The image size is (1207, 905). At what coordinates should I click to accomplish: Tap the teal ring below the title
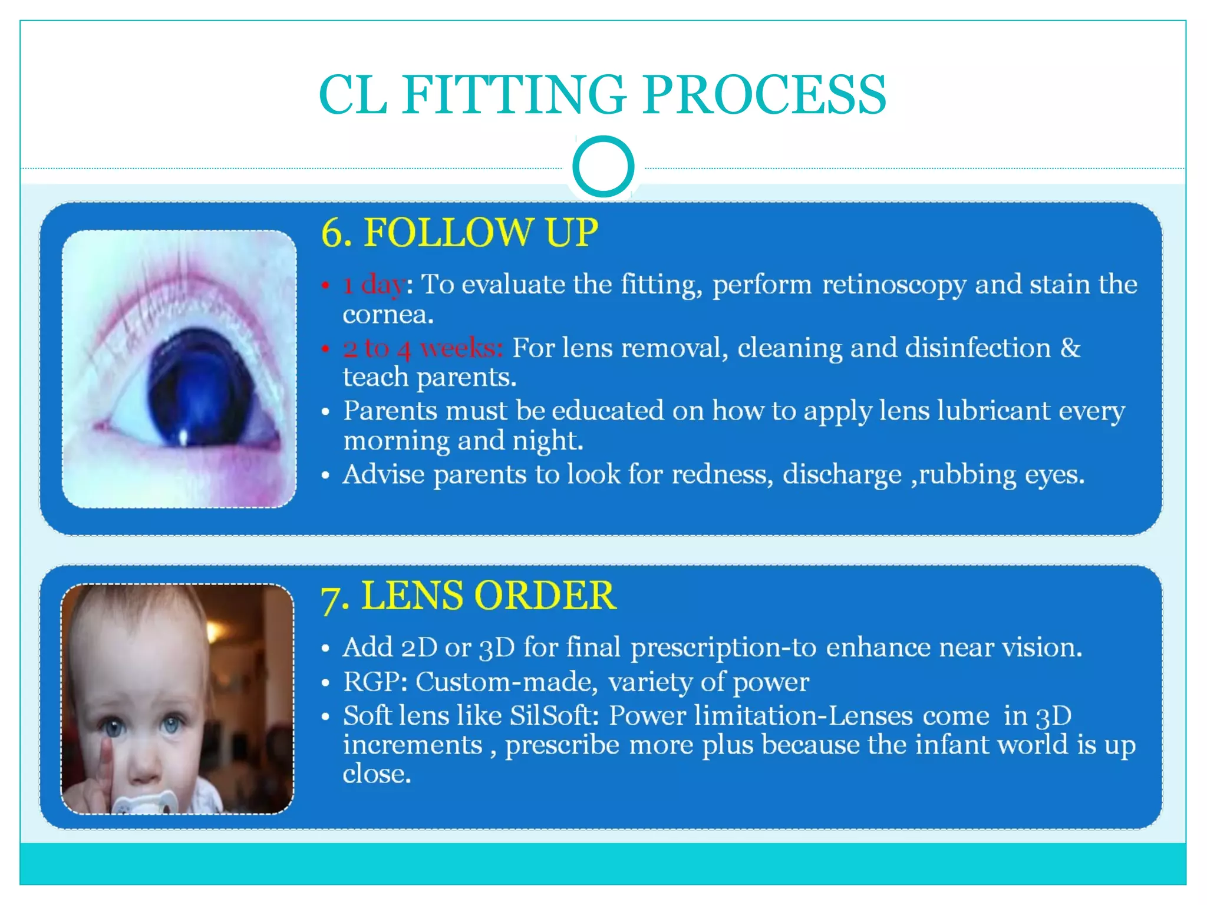click(x=603, y=166)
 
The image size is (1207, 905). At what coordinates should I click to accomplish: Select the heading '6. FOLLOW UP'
click(x=460, y=232)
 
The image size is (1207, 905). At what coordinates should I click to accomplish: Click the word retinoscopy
click(x=893, y=285)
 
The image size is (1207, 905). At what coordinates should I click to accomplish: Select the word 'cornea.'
click(x=388, y=315)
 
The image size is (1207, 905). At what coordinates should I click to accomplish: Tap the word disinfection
click(x=978, y=348)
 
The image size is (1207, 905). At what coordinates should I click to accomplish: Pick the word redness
click(x=722, y=474)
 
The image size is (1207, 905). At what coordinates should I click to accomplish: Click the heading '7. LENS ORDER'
click(x=469, y=596)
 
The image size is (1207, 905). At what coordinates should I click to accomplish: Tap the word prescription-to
click(x=723, y=648)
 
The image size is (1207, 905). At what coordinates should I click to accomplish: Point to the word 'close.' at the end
click(x=377, y=774)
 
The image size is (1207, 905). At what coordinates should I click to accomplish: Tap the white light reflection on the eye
click(x=183, y=437)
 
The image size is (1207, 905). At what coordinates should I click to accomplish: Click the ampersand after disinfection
click(x=1070, y=348)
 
